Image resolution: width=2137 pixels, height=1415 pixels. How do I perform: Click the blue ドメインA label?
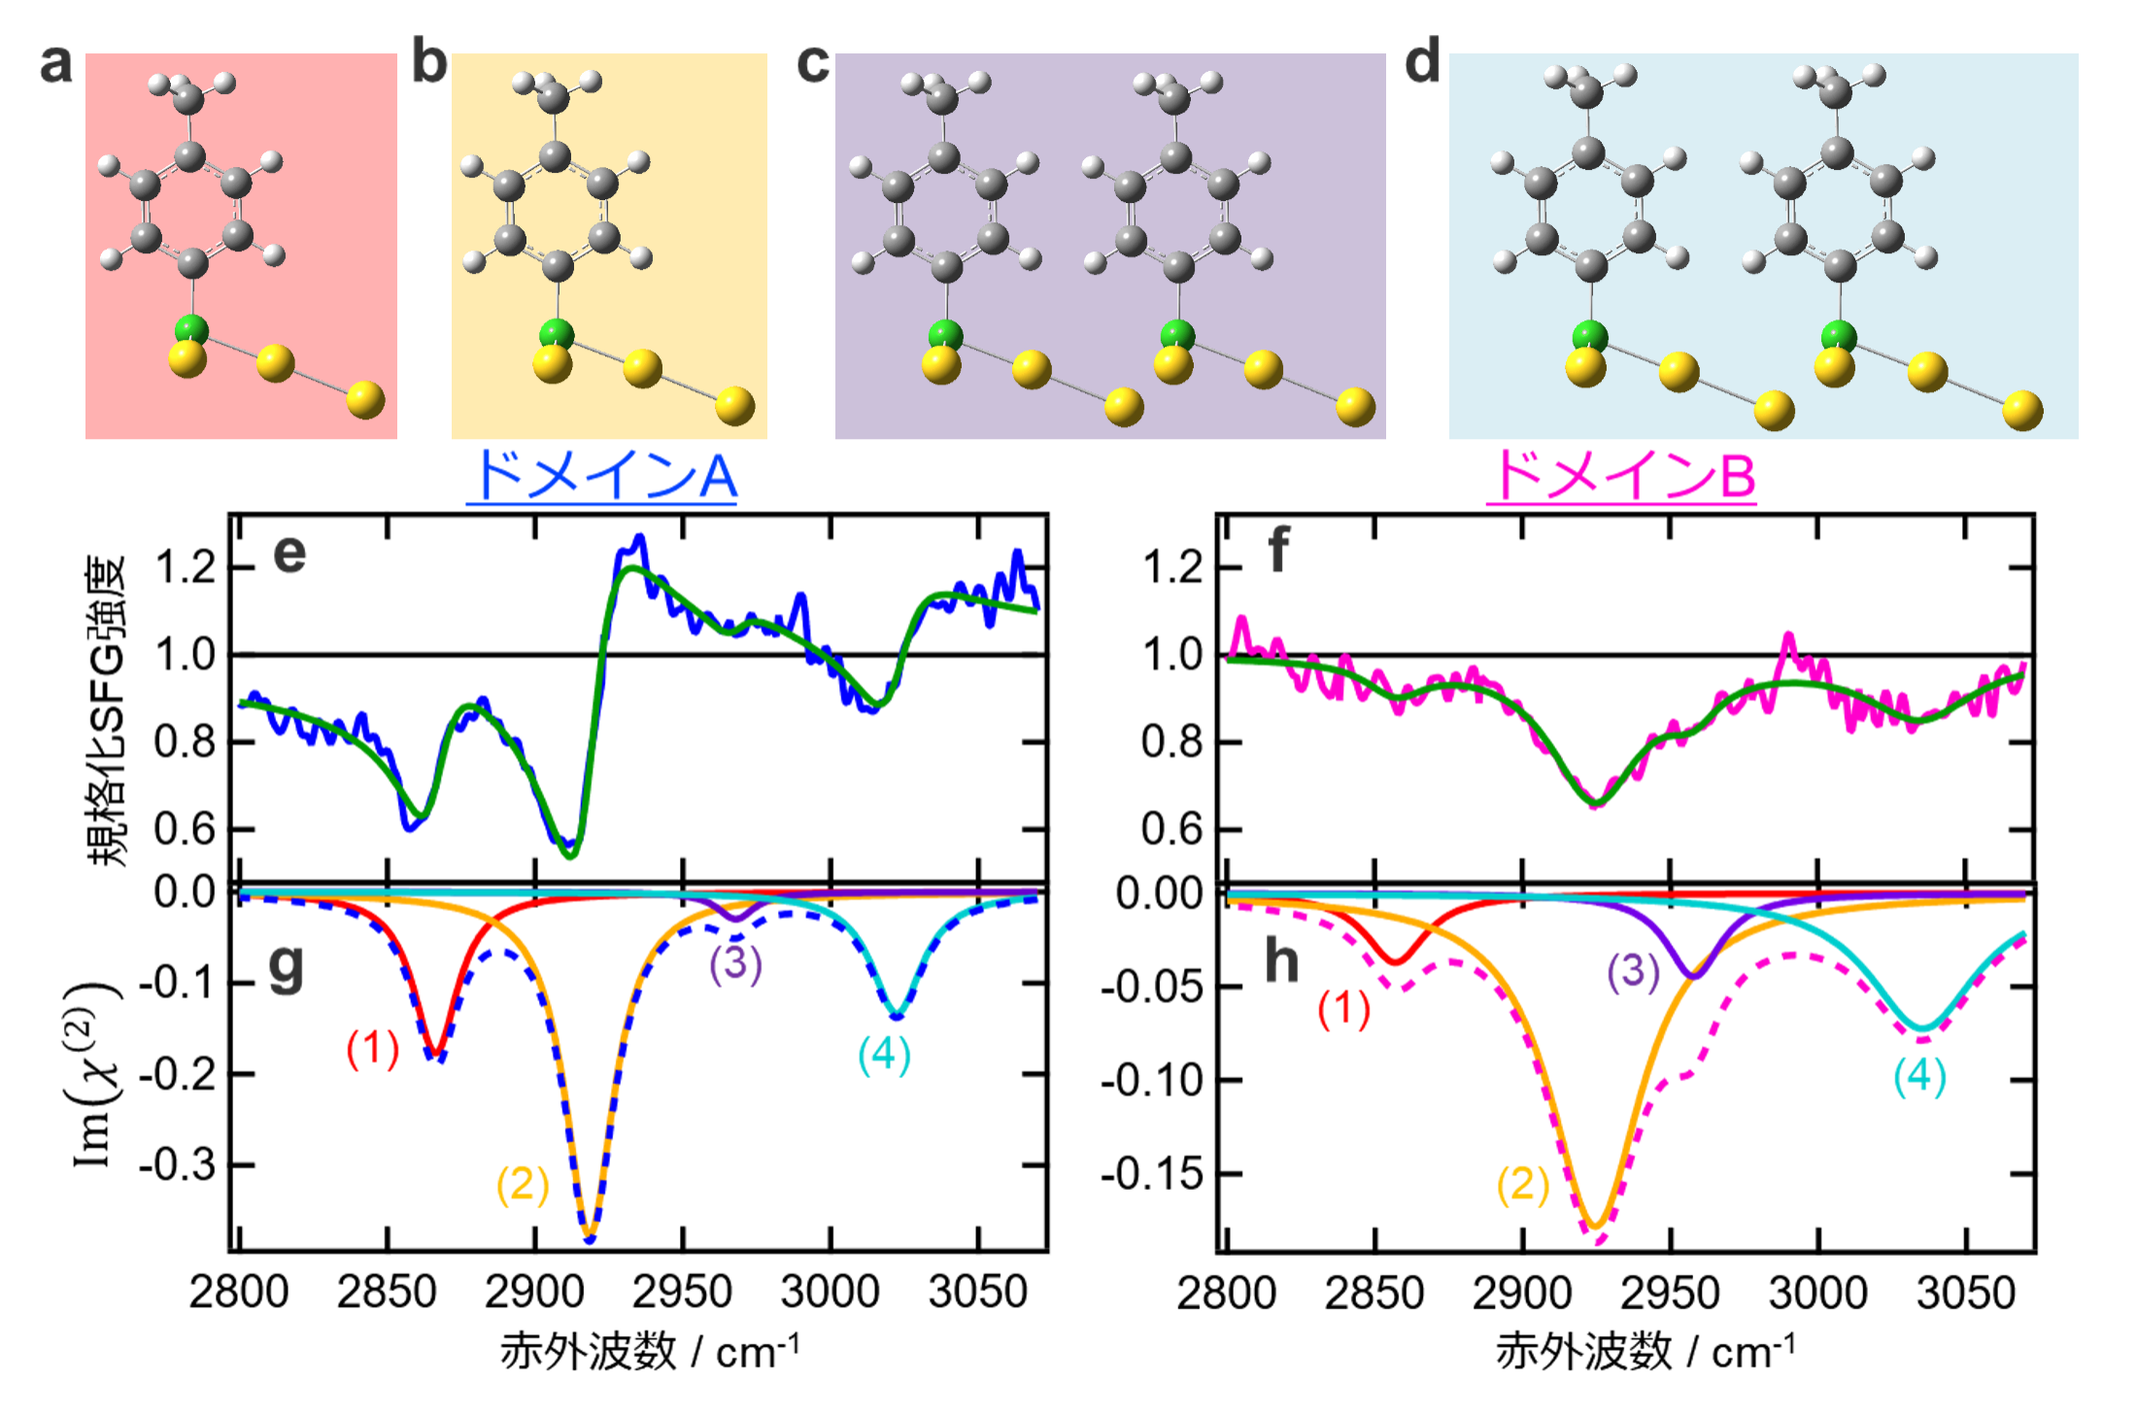602,476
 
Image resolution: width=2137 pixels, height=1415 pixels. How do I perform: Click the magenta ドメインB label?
1621,476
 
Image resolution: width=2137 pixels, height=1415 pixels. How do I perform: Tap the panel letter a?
56,64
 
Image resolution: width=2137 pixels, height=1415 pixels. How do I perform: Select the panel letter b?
428,62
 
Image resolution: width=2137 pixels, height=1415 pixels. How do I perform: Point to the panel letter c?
813,63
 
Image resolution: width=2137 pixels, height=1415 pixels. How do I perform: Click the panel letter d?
1422,62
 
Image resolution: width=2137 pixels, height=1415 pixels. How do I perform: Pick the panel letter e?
289,554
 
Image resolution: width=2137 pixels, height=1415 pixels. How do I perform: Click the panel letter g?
286,965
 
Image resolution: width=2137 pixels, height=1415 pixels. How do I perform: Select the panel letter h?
1281,961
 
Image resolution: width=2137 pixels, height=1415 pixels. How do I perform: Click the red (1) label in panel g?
373,1049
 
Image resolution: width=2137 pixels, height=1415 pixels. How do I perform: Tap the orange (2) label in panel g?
523,1184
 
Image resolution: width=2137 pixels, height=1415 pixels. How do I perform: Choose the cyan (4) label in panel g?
884,1055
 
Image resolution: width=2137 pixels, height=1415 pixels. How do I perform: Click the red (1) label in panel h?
1343,1009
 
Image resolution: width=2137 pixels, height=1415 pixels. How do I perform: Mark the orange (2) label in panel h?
1523,1184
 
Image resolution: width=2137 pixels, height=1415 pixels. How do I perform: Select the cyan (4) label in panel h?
1919,1076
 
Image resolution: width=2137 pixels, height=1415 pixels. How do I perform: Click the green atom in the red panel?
192,328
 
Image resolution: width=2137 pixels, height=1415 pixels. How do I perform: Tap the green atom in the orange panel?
557,333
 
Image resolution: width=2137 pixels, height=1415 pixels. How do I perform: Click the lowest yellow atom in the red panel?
365,399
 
